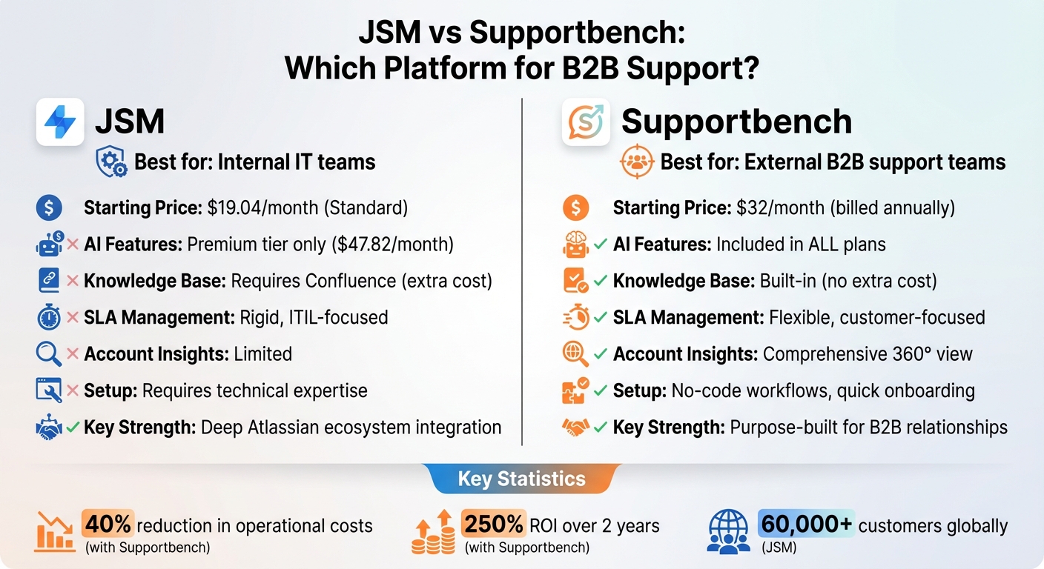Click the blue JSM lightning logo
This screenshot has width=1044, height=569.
coord(60,122)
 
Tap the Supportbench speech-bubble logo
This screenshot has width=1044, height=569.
coord(586,122)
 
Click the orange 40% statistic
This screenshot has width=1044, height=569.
coord(108,525)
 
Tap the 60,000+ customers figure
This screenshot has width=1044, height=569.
coord(807,525)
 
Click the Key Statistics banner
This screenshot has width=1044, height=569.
coord(521,479)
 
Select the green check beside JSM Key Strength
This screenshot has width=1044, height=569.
coord(73,427)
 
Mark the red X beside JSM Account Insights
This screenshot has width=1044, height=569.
coord(73,354)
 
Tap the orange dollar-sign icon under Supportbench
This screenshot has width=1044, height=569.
coord(575,208)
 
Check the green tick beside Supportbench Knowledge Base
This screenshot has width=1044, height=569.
coord(601,281)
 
